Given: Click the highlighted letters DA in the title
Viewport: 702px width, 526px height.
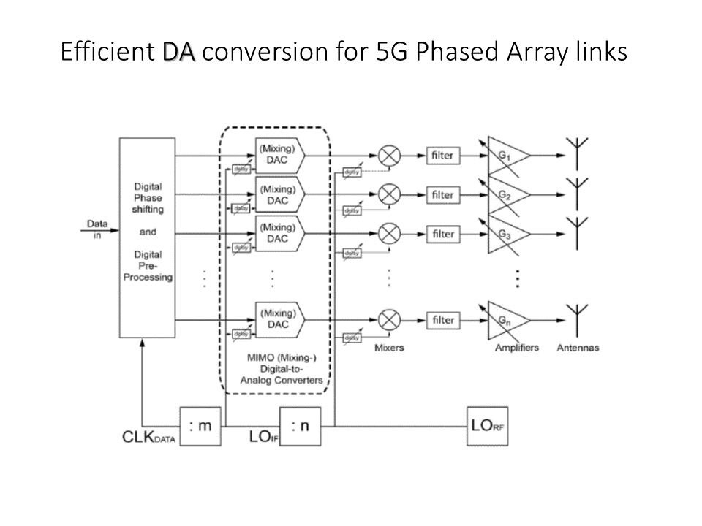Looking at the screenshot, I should [x=179, y=53].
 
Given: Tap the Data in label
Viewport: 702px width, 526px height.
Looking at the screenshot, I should [x=97, y=227].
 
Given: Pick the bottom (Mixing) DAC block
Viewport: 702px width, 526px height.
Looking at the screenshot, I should [x=280, y=319].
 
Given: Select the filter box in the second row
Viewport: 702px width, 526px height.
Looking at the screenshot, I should [x=443, y=195].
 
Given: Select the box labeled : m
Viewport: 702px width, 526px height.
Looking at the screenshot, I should [x=200, y=426].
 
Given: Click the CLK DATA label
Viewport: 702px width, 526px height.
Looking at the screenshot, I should [x=148, y=439].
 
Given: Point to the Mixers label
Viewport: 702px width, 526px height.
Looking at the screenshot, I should [x=389, y=348].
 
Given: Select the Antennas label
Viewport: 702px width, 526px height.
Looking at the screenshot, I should [x=578, y=348].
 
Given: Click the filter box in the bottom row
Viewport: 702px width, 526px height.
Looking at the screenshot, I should [x=443, y=320].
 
